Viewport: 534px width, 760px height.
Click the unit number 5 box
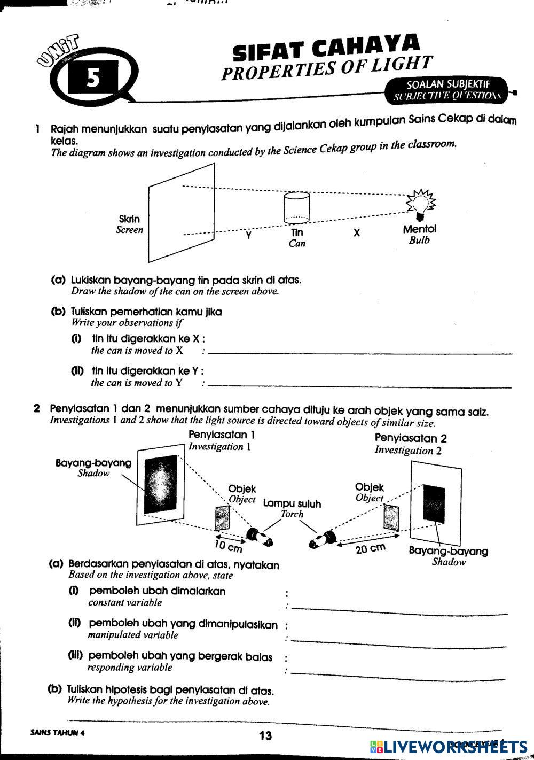(x=93, y=79)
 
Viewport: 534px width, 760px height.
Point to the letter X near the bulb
(x=357, y=233)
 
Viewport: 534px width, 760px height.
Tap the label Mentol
(x=419, y=229)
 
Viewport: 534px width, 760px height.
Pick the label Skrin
(x=129, y=219)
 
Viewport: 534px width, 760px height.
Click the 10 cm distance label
(x=228, y=545)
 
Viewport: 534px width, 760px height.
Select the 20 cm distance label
(x=370, y=548)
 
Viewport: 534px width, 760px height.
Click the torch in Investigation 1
(x=260, y=536)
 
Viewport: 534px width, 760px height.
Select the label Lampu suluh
(x=292, y=503)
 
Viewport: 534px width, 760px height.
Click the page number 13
(x=265, y=735)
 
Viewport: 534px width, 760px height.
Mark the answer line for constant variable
(x=398, y=608)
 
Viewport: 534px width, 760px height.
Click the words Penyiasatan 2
(x=411, y=438)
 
